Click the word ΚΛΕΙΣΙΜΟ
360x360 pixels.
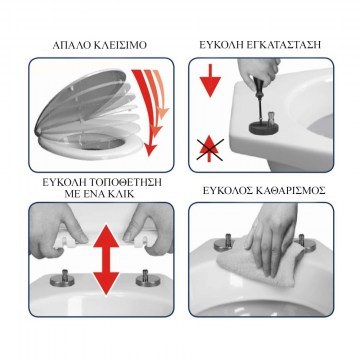pos(121,45)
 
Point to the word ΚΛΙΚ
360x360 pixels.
pos(120,193)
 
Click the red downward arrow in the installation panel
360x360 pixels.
pos(210,80)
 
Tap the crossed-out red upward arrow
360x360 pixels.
pos(209,149)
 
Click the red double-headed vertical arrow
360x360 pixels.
pos(106,260)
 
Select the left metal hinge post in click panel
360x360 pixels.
pos(62,278)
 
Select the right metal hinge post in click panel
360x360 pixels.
pos(148,277)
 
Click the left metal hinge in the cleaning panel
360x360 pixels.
pos(226,243)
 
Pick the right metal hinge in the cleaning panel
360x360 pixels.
pos(303,243)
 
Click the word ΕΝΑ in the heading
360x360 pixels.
pos(91,193)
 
